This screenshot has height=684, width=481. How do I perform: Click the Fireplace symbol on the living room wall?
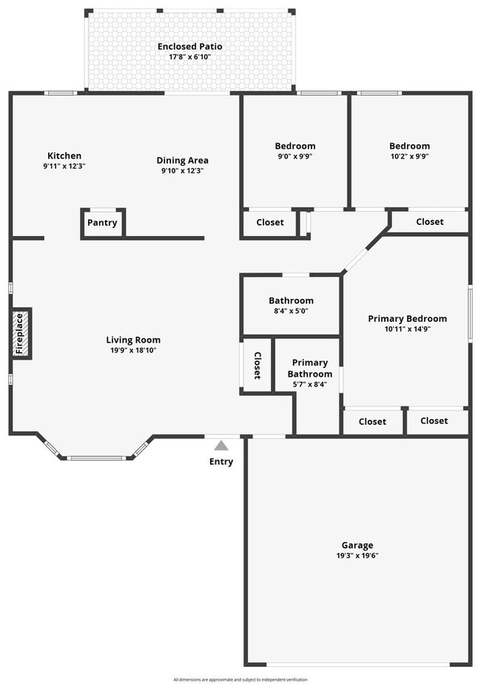tap(21, 334)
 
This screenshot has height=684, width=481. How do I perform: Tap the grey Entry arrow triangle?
tap(221, 446)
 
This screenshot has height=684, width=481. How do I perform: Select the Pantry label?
tap(102, 223)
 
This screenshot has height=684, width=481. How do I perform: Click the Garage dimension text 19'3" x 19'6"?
tap(357, 556)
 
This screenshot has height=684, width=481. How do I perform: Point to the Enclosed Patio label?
tap(189, 47)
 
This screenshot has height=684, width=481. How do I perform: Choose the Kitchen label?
tap(64, 155)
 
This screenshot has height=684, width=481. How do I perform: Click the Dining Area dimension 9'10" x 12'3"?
tap(182, 170)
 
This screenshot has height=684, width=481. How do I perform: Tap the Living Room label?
tap(133, 340)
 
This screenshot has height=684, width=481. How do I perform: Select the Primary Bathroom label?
tap(310, 368)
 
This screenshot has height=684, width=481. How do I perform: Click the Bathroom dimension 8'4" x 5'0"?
tap(290, 311)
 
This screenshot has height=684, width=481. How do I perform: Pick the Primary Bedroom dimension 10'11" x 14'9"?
tap(407, 329)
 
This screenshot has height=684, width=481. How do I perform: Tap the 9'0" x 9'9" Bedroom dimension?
tap(295, 156)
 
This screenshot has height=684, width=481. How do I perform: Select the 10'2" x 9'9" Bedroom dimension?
tap(408, 156)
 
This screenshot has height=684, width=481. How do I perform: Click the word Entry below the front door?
tap(221, 462)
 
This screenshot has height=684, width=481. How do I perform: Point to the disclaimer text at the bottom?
tap(240, 680)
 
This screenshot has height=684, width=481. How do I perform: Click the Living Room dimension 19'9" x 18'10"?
tap(133, 350)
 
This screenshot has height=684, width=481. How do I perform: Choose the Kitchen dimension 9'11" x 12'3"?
tap(64, 166)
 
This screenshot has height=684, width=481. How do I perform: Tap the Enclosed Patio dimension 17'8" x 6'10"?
tap(189, 57)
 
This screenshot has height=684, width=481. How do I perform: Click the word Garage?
tap(357, 546)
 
